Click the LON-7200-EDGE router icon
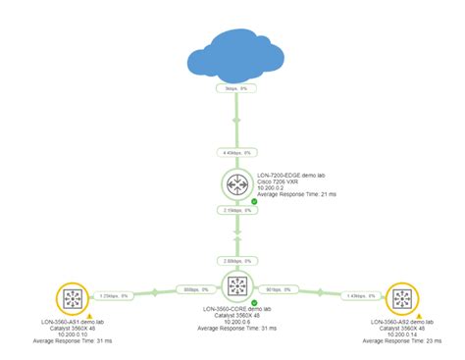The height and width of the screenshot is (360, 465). (236, 183)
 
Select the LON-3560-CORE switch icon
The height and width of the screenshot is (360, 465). (236, 288)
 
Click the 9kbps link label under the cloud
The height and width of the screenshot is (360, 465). (235, 88)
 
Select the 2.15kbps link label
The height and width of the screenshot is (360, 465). (235, 210)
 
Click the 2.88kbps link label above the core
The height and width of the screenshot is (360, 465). (235, 261)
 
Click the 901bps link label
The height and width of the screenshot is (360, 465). (281, 291)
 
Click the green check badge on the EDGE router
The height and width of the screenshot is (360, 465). (254, 201)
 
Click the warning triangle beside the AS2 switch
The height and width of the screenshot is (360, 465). (420, 316)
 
